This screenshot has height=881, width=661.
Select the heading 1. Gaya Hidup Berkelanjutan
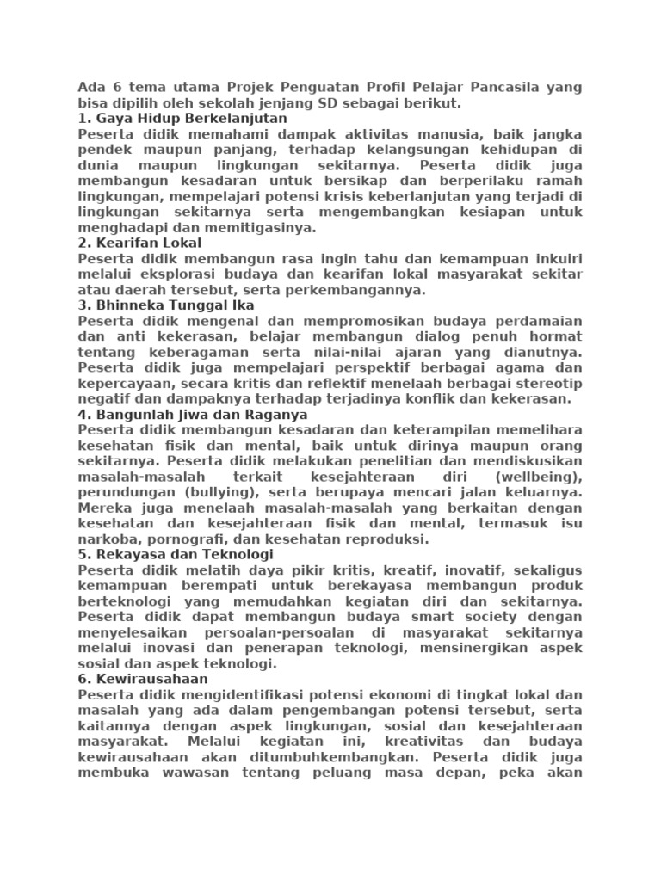[182, 119]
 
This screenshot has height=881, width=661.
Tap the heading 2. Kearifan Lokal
[139, 243]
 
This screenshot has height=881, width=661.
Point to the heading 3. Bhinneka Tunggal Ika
[166, 305]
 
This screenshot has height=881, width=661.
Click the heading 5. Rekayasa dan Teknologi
[176, 555]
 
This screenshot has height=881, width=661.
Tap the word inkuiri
[554, 259]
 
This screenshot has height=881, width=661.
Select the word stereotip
[551, 384]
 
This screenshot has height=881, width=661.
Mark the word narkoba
[104, 539]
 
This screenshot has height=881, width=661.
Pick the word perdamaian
[538, 321]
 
